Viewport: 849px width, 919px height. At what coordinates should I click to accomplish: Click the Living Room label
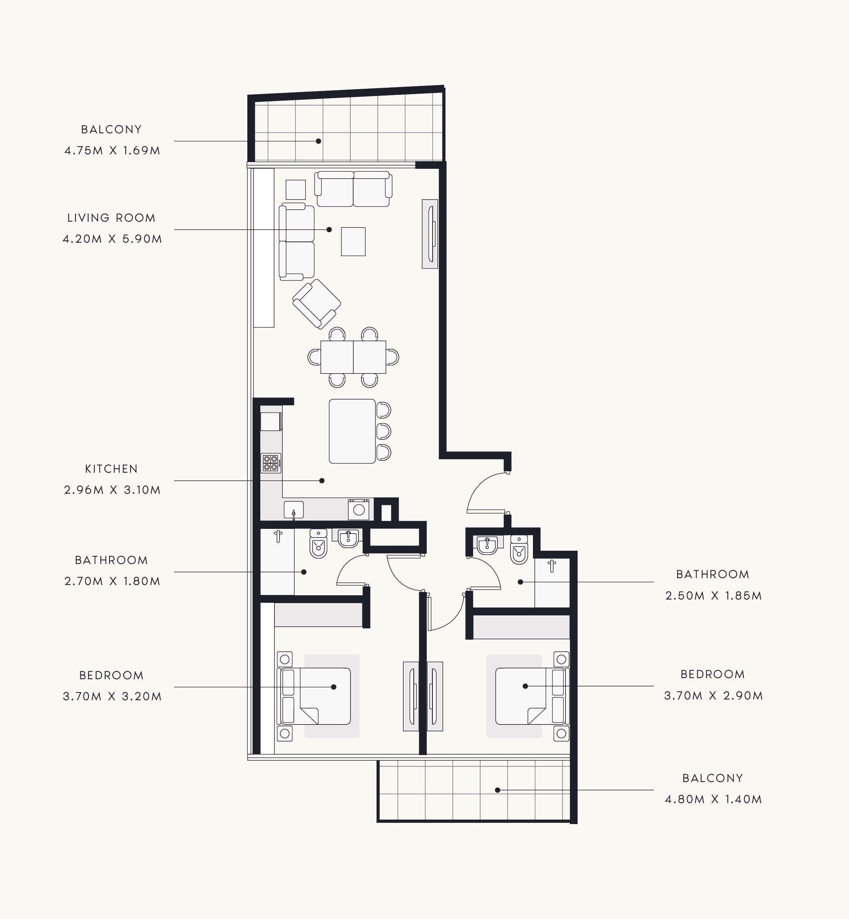[112, 218]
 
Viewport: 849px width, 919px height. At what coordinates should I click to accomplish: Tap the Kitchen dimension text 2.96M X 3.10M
[113, 490]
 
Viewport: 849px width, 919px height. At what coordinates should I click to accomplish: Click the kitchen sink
[294, 510]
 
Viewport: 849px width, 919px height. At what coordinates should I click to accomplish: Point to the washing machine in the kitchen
[358, 509]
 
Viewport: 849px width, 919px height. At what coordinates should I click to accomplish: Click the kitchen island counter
[352, 431]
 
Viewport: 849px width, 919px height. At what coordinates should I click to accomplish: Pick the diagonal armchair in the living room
[316, 304]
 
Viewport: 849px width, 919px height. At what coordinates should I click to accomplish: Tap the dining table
[353, 357]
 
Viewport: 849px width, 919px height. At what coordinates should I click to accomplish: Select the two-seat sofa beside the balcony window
[353, 189]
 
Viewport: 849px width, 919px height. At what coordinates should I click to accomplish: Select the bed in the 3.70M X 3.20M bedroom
[314, 696]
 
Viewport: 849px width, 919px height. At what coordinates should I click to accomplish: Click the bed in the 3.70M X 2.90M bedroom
[532, 696]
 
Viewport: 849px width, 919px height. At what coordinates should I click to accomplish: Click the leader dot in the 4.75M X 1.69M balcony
[318, 141]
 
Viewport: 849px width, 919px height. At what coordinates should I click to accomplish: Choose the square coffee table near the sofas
[353, 241]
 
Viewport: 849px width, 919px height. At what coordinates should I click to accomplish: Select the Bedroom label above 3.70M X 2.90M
[713, 674]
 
